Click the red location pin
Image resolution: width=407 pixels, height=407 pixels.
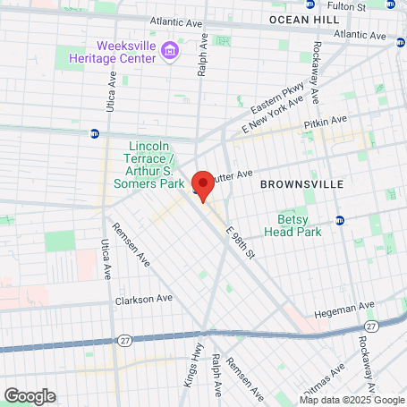click(x=203, y=186)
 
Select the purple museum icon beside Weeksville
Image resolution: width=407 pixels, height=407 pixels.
click(x=171, y=55)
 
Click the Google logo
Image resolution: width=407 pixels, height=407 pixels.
click(x=30, y=395)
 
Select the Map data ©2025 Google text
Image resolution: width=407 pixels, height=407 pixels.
click(x=352, y=400)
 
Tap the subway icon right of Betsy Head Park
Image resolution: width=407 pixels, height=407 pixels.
click(x=340, y=221)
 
